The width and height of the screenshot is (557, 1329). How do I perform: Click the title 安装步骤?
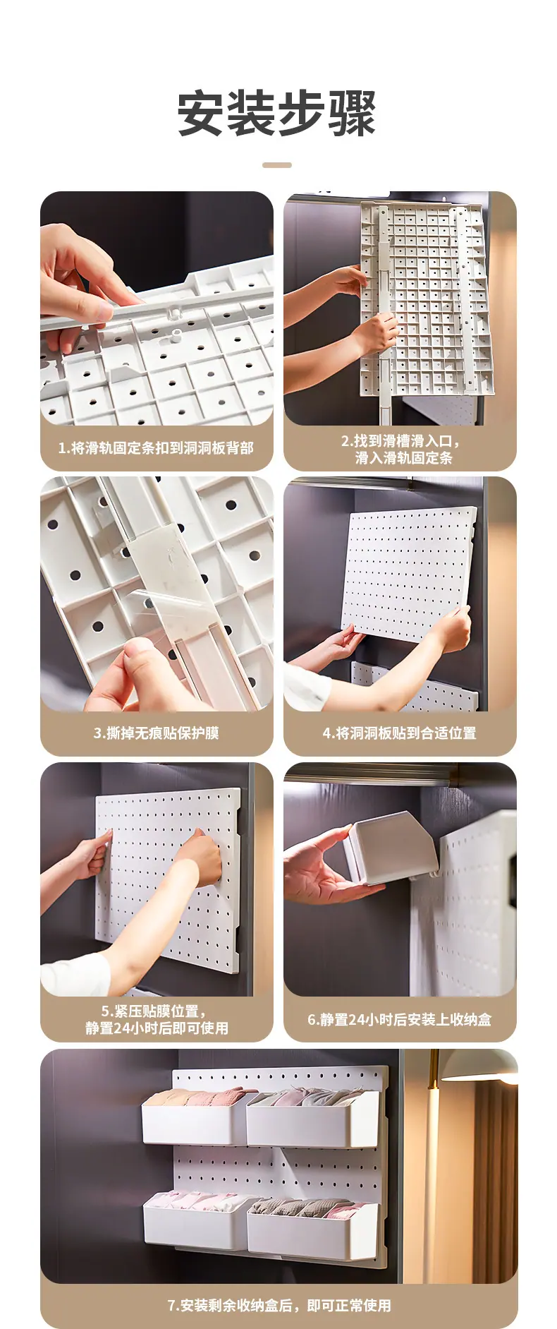pyautogui.click(x=277, y=114)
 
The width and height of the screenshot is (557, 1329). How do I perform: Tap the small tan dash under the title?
pyautogui.click(x=277, y=165)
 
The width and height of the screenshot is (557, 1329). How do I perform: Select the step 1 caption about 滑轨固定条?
pyautogui.click(x=156, y=448)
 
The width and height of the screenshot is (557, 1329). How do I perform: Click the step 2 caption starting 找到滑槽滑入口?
pyautogui.click(x=400, y=450)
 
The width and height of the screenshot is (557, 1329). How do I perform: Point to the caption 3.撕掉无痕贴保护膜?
pyautogui.click(x=156, y=733)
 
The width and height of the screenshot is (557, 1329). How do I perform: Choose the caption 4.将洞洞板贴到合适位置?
pyautogui.click(x=400, y=733)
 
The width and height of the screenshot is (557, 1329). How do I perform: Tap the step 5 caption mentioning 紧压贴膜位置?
pyautogui.click(x=157, y=1020)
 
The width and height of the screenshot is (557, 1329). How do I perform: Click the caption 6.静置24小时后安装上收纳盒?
pyautogui.click(x=400, y=1020)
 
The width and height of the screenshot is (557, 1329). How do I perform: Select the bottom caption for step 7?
pyautogui.click(x=279, y=1306)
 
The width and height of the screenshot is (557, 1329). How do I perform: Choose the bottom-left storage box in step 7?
pyautogui.click(x=196, y=1224)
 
